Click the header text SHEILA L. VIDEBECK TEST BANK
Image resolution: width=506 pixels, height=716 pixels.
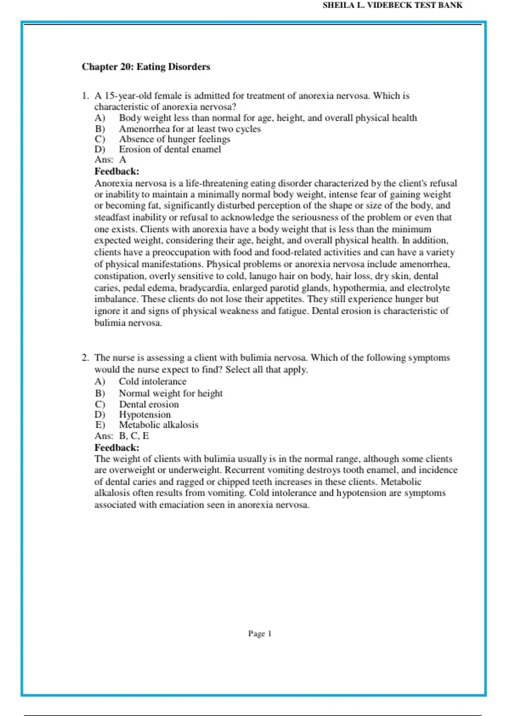click(x=392, y=5)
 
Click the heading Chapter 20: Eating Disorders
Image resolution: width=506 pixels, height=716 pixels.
click(x=146, y=67)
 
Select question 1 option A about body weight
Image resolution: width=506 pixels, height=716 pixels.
click(x=267, y=118)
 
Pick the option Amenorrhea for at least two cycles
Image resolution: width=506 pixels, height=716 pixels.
click(x=189, y=129)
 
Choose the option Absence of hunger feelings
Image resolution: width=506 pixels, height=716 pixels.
click(x=174, y=139)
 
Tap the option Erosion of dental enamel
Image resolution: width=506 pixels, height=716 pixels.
click(x=170, y=150)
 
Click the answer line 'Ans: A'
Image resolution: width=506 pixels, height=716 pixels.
click(x=110, y=160)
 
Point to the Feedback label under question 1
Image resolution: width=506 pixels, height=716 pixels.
click(x=117, y=171)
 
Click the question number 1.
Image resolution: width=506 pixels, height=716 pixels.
click(x=85, y=96)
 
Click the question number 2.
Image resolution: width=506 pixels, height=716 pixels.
click(x=85, y=358)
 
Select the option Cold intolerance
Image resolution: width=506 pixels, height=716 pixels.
click(x=152, y=382)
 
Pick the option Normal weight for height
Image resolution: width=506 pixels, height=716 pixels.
click(x=170, y=393)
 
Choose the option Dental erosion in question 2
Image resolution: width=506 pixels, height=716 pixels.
click(x=148, y=404)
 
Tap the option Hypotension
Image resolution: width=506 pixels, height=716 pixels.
click(x=145, y=415)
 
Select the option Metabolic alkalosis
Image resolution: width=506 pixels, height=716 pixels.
click(x=158, y=425)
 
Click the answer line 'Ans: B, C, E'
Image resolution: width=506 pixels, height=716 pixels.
click(x=121, y=436)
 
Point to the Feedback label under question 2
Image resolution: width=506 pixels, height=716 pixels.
click(x=117, y=448)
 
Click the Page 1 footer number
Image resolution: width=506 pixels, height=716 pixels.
click(x=260, y=634)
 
